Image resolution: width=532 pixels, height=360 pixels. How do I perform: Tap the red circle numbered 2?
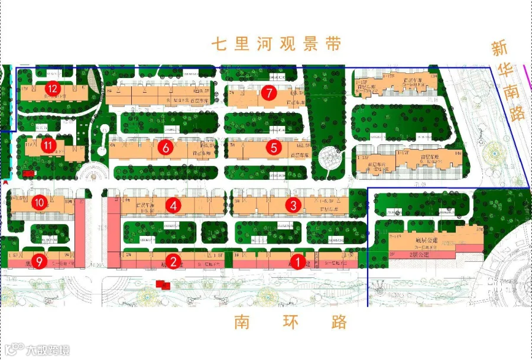[173, 260]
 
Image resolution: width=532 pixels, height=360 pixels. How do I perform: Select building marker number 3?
[293, 205]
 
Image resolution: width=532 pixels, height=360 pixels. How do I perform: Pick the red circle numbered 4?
[173, 205]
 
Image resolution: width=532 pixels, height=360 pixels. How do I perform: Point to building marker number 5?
[273, 147]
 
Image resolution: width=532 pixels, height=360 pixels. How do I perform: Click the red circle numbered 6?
[166, 147]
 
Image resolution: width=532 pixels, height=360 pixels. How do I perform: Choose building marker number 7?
[269, 93]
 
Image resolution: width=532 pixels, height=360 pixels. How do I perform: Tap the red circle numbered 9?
[39, 261]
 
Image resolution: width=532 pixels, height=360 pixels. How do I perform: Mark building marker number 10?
[40, 203]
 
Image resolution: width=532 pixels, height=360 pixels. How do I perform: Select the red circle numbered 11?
[49, 144]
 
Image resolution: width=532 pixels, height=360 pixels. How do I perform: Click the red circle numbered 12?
[53, 89]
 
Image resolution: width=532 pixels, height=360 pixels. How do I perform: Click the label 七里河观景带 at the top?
[277, 44]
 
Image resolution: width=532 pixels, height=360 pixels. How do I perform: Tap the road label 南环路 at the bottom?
[290, 322]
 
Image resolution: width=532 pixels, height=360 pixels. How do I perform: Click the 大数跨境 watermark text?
[47, 349]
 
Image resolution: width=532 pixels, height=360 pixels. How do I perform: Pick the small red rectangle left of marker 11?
[28, 173]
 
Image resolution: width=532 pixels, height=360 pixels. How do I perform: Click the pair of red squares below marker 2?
[163, 286]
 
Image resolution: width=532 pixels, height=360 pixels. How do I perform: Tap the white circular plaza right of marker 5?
[326, 158]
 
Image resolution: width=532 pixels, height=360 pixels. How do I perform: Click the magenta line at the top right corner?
[527, 71]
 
